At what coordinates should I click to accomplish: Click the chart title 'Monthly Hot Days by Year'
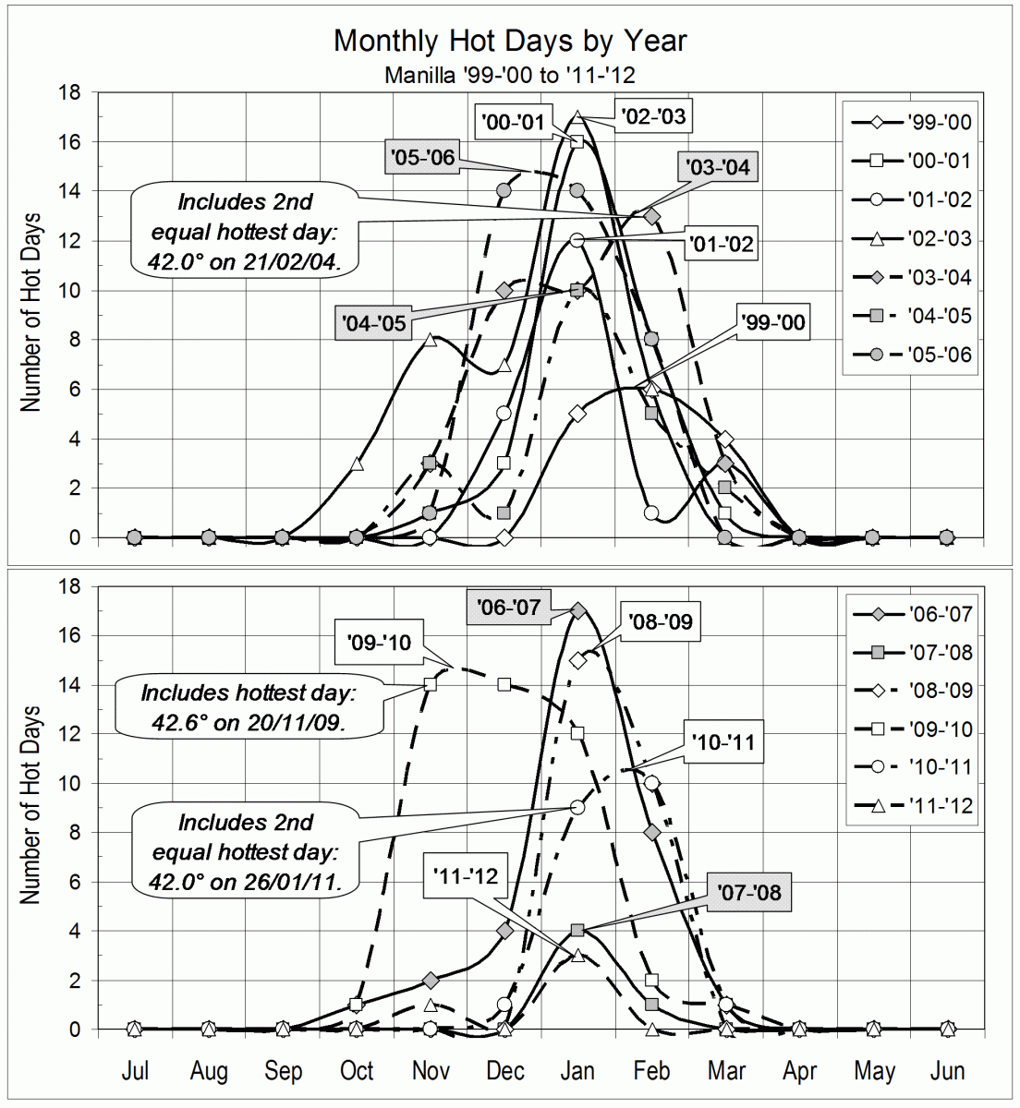[x=510, y=41]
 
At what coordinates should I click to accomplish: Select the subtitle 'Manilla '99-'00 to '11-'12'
[x=510, y=75]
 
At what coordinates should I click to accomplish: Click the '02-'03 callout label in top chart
[x=653, y=116]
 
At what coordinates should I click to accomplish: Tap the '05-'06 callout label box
[x=422, y=157]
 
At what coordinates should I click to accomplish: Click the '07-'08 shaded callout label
[x=748, y=892]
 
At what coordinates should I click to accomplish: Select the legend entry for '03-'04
[x=909, y=277]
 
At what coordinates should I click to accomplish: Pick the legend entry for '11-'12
[x=909, y=805]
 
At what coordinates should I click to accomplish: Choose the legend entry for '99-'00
[x=909, y=123]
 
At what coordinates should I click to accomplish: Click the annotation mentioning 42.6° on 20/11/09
[x=249, y=707]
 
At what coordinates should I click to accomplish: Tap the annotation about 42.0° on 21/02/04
[x=245, y=232]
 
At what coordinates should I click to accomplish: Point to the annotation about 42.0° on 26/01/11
[x=245, y=851]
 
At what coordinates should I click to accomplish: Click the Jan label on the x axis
[x=577, y=1071]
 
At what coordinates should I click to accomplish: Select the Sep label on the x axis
[x=283, y=1071]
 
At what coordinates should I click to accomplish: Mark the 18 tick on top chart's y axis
[x=70, y=93]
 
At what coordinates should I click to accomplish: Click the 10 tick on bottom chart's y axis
[x=70, y=784]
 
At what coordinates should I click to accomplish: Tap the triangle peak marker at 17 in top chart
[x=577, y=117]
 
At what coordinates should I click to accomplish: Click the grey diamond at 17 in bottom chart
[x=577, y=610]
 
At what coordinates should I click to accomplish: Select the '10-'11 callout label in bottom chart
[x=724, y=743]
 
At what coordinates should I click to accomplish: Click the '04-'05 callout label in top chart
[x=373, y=323]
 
